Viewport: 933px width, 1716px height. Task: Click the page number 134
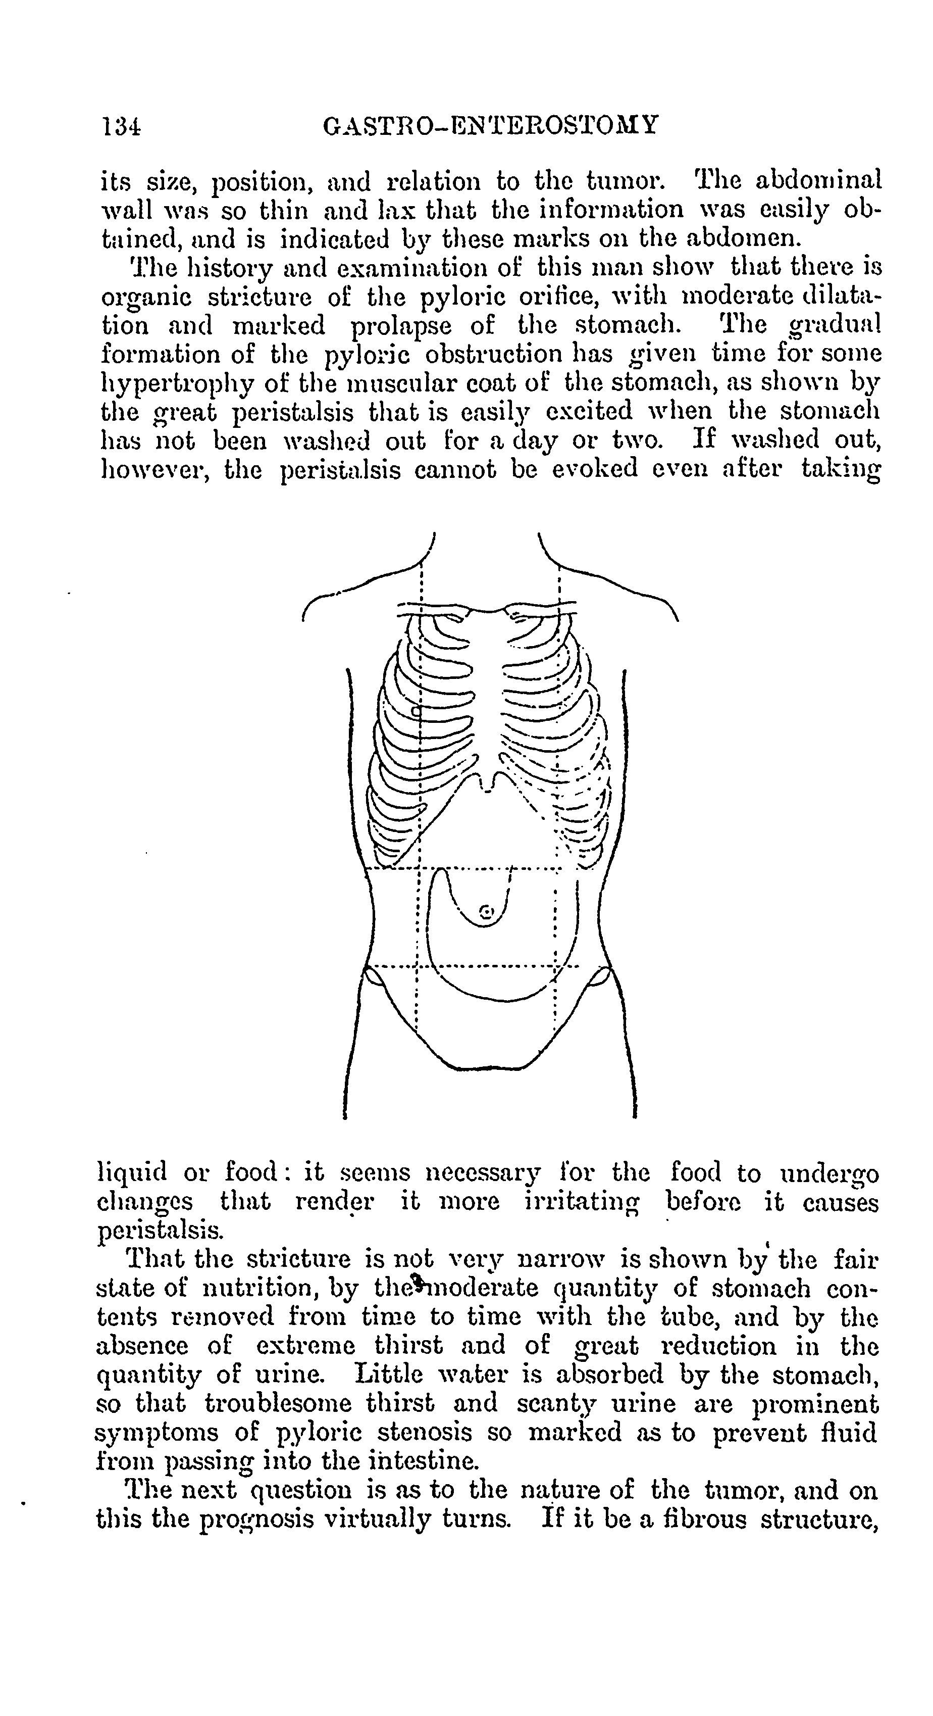coord(121,125)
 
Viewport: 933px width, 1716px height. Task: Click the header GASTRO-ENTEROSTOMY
coord(491,125)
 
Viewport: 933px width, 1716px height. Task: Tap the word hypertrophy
coord(175,384)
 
